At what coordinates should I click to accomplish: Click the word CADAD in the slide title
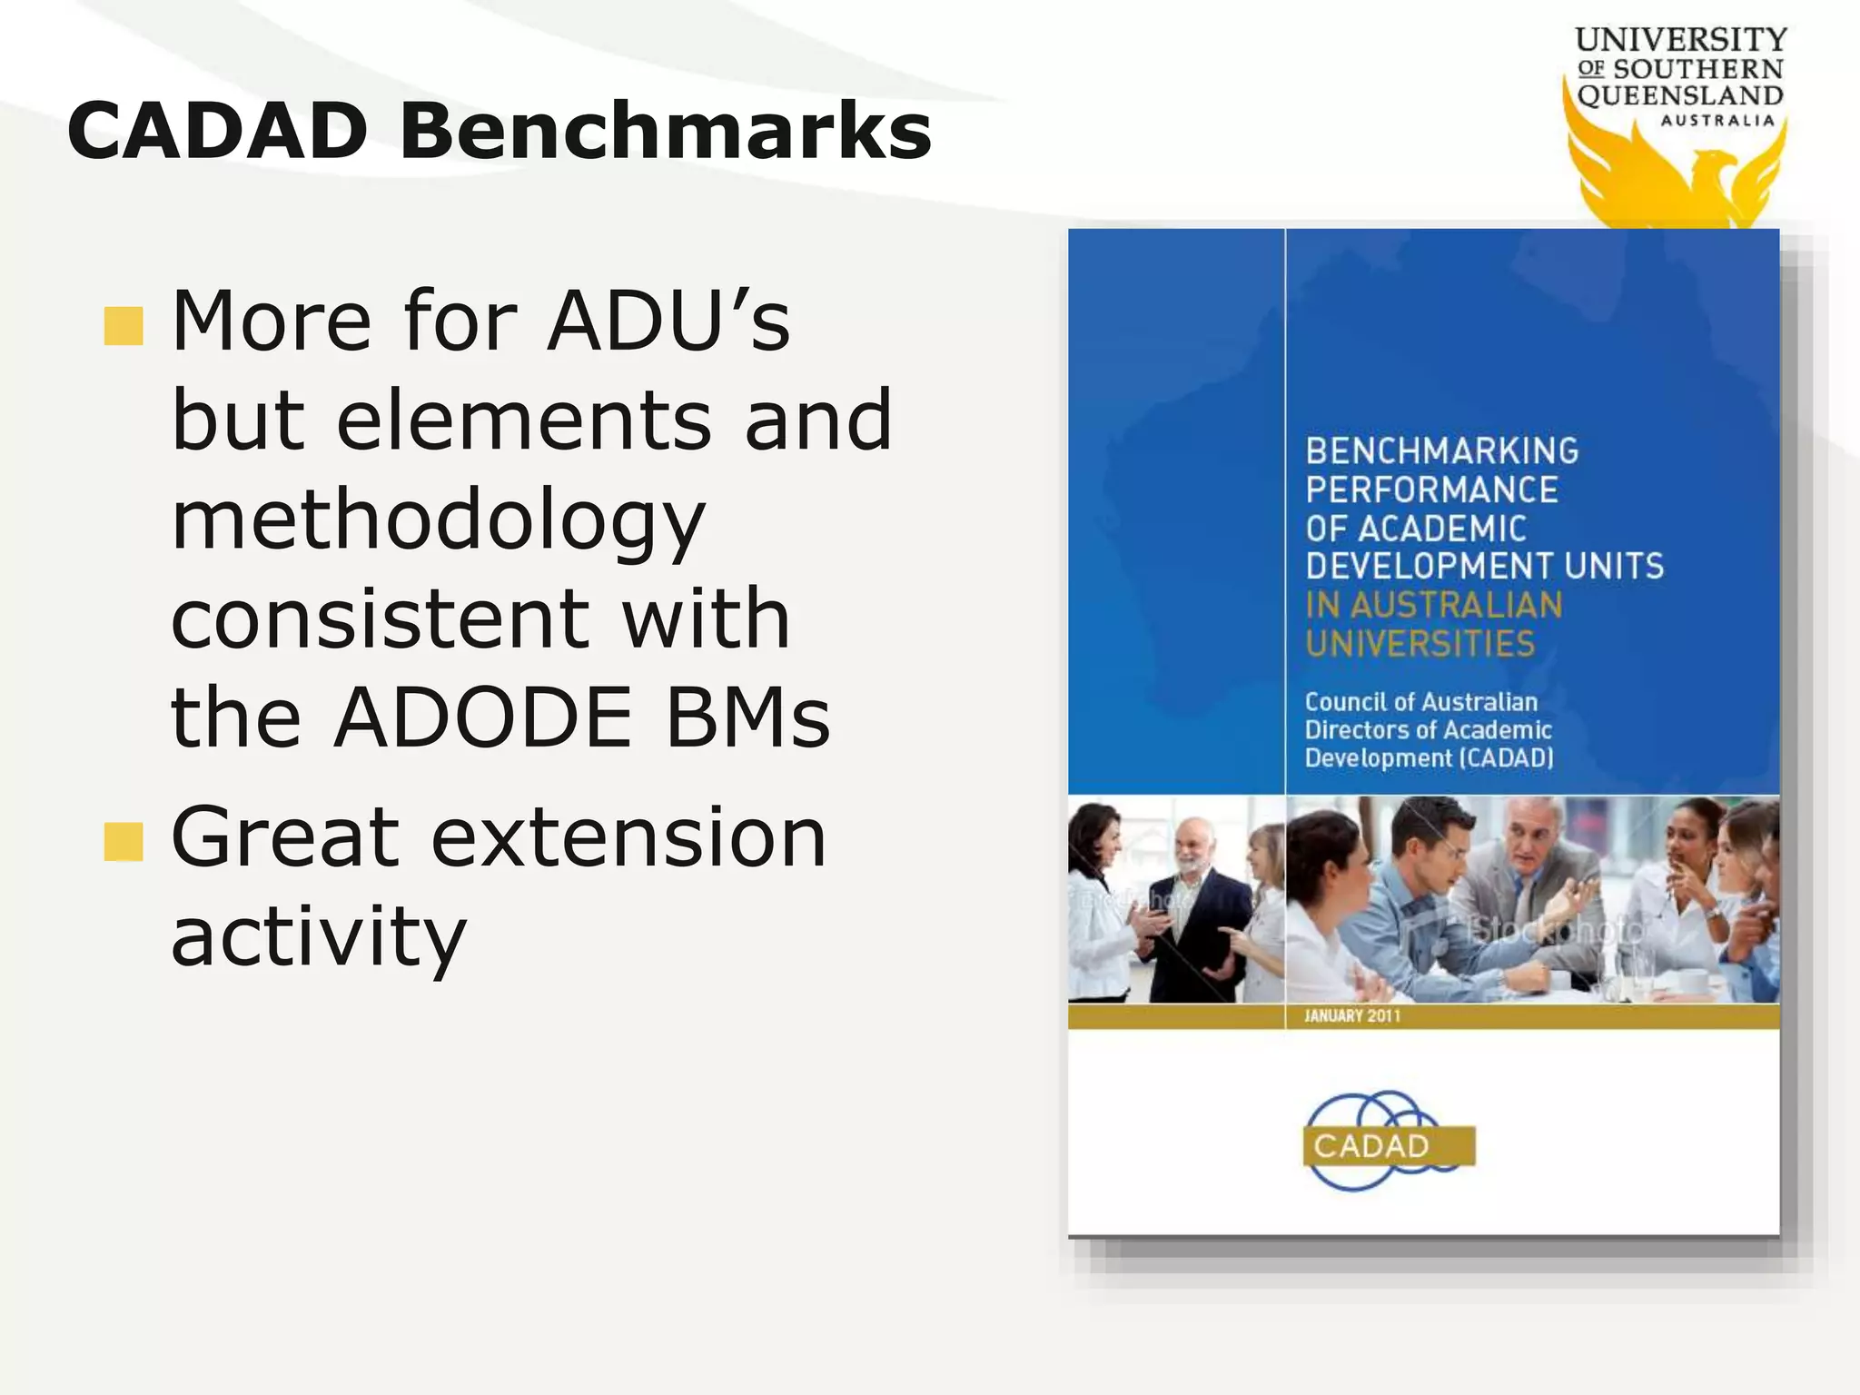pos(216,132)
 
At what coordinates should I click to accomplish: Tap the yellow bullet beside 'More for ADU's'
pos(124,326)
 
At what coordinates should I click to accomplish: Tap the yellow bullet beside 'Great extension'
pos(124,842)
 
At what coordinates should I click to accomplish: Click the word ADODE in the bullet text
pos(481,718)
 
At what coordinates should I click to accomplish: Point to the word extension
pos(628,838)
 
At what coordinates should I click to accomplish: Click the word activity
pos(318,937)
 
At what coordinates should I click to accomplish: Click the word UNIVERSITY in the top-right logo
pos(1680,40)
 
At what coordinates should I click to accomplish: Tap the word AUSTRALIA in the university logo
pos(1717,121)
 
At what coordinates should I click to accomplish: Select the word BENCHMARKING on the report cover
pos(1441,451)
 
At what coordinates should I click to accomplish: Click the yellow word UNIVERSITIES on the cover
pos(1420,644)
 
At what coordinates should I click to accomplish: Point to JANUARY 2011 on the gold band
pos(1351,1016)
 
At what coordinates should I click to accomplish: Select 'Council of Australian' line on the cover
pos(1420,702)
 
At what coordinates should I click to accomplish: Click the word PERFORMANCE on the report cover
pos(1431,490)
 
